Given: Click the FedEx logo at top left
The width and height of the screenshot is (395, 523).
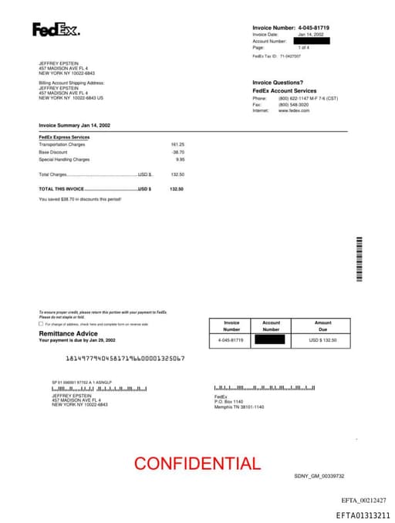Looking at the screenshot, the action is [56, 30].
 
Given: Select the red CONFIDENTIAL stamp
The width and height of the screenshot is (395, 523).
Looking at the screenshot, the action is [197, 463].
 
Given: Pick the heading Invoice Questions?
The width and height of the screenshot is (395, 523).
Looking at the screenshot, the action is [278, 83].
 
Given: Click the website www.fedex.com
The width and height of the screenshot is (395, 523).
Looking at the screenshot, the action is [294, 111].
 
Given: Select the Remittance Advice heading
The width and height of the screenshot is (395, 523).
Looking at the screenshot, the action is [69, 333].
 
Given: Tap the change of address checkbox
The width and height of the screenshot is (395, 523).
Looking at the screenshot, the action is [41, 324].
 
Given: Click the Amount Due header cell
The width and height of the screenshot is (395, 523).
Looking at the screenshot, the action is [322, 326].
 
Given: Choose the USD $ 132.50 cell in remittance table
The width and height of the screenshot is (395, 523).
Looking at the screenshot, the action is [322, 339].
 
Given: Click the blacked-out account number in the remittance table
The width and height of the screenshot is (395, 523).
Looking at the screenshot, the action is [271, 339].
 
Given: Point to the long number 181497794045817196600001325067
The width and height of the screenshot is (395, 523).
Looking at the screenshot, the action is [125, 359].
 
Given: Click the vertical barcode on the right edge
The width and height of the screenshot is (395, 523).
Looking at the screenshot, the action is [359, 259].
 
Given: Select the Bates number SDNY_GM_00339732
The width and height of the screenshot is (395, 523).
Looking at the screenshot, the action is [319, 476].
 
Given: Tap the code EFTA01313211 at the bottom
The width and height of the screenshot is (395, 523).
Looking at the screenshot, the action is [363, 515].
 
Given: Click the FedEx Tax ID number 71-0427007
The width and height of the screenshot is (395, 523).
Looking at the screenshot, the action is [290, 56].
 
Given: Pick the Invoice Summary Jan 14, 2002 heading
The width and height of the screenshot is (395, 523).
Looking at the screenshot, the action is [75, 125].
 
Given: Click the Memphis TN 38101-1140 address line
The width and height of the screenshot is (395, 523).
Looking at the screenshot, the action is [238, 407].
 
